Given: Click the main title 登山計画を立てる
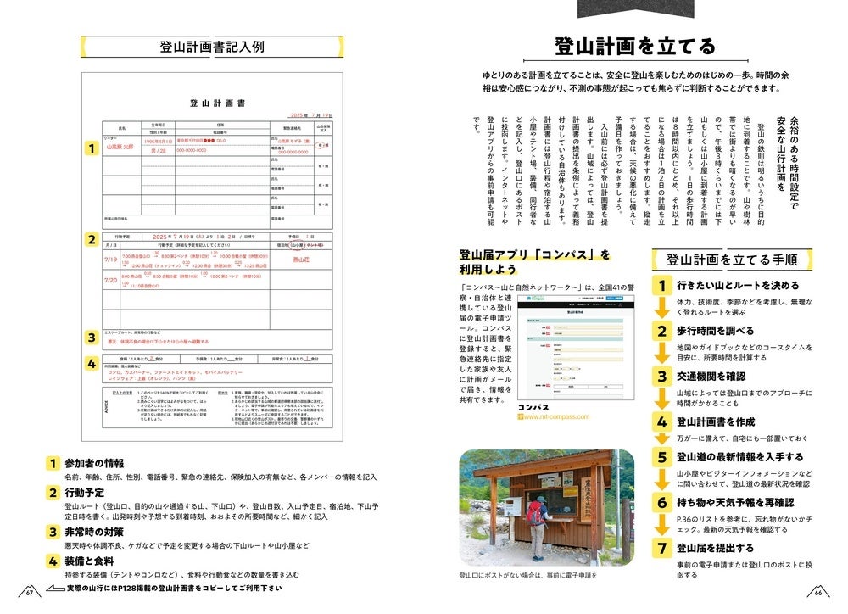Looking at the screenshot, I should [x=634, y=47].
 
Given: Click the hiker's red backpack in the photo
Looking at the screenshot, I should [x=534, y=514].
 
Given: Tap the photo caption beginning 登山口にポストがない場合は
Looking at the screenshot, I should [x=527, y=576].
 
